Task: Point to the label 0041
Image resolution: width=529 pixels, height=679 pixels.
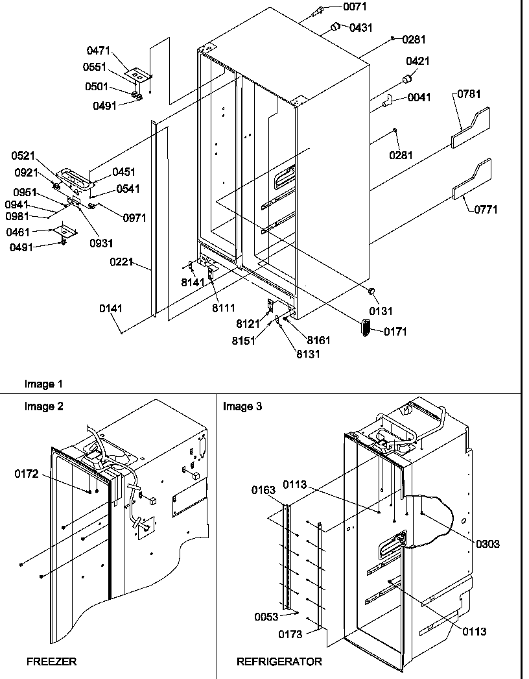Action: click(419, 98)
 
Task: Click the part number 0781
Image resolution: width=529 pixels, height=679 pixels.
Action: click(469, 95)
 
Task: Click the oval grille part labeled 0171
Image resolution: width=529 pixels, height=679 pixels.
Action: click(365, 328)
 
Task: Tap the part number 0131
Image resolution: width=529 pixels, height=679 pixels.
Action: click(381, 312)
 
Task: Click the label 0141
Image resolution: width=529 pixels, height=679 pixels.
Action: click(111, 309)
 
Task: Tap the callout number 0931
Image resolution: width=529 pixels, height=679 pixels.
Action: click(102, 243)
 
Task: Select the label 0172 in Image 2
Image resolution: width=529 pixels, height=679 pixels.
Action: click(27, 475)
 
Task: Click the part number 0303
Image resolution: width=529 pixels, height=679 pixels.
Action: click(488, 544)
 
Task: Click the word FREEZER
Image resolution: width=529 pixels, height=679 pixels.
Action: click(51, 661)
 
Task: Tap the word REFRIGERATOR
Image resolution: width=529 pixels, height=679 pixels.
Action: click(279, 661)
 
